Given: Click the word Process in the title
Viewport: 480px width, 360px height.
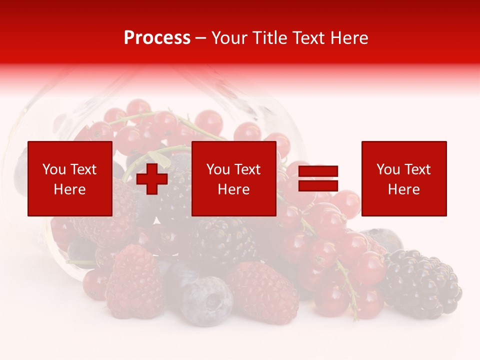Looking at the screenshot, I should (157, 38).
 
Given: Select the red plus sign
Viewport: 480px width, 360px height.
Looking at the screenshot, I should (152, 179).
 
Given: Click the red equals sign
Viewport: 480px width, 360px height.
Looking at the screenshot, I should (318, 178).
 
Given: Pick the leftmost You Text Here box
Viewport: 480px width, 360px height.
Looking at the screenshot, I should (70, 178).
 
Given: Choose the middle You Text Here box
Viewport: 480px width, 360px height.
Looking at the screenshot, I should (233, 178).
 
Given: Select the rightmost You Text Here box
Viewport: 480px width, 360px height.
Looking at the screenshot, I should (404, 178).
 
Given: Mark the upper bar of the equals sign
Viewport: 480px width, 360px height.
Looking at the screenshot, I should (318, 171).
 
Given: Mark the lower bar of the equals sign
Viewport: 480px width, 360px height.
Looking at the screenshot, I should (318, 185).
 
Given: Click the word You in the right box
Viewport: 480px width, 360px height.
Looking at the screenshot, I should (387, 169).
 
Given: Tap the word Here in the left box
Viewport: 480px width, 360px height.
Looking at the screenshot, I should (70, 189).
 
